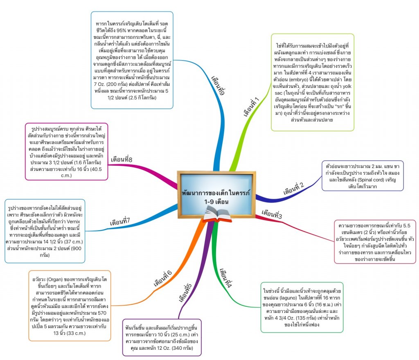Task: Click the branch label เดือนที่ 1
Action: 252,108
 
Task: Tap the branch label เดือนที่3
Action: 272,214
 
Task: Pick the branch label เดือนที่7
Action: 120,222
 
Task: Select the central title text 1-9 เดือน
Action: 216,202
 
